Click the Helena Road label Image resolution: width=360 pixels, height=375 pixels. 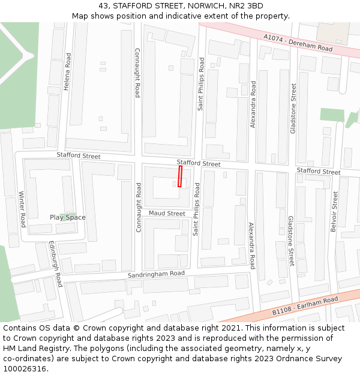click(x=68, y=71)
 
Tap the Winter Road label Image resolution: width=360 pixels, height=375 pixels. click(x=23, y=209)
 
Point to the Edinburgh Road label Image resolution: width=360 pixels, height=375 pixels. click(x=56, y=265)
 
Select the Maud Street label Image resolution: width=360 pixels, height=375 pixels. click(x=167, y=213)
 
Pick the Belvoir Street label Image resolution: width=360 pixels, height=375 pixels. click(x=334, y=211)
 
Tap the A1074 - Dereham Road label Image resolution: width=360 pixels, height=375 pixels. click(x=298, y=42)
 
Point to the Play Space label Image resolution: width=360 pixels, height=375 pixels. click(x=67, y=217)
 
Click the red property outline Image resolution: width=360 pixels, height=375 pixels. click(x=179, y=176)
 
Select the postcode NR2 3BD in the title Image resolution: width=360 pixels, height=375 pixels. click(x=247, y=6)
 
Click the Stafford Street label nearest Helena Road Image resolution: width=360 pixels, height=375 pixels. click(x=79, y=156)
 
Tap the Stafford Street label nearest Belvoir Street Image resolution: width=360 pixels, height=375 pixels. click(x=318, y=172)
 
